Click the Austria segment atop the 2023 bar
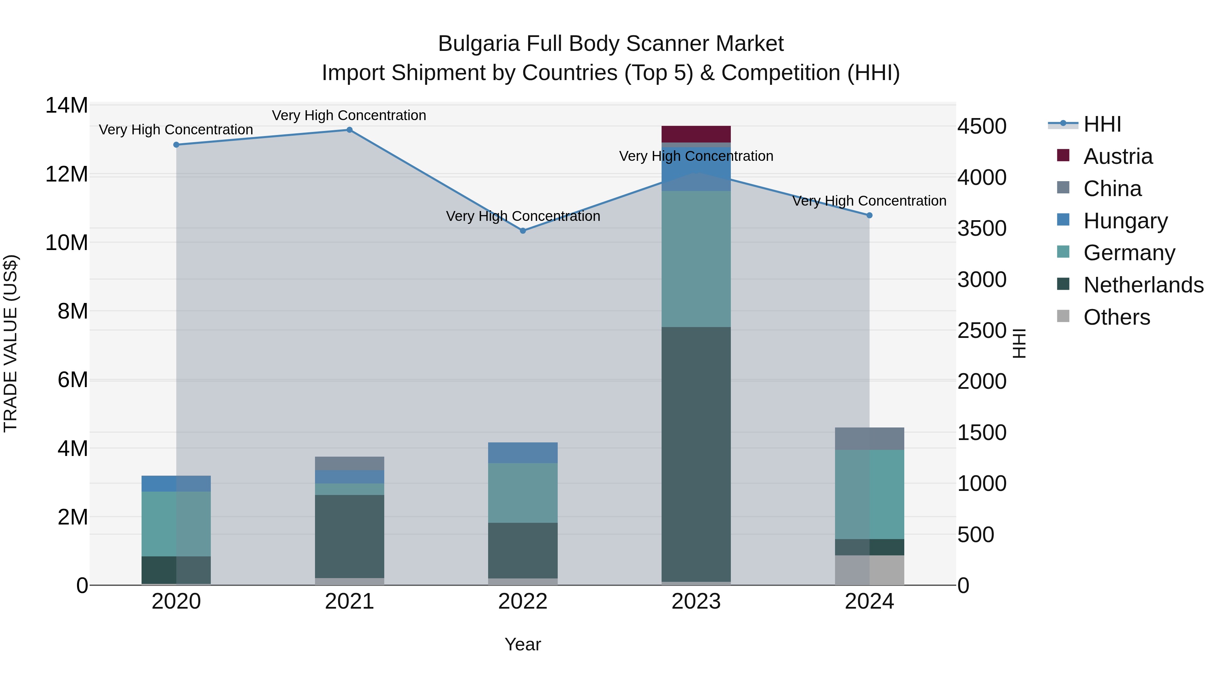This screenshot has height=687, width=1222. point(696,134)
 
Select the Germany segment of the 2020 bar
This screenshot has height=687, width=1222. point(176,523)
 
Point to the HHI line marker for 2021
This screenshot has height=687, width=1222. point(350,130)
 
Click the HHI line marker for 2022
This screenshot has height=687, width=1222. point(523,231)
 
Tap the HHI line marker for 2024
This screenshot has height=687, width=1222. point(870,215)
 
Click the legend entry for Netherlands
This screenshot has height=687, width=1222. point(1143,285)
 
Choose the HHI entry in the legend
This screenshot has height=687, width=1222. point(1102,124)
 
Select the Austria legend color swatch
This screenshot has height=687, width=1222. point(1063,155)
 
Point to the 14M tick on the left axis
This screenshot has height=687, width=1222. point(67,105)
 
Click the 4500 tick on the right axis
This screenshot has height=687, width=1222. point(981,127)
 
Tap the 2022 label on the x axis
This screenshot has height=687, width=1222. point(523,602)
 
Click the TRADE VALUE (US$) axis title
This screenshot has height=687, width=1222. point(11,343)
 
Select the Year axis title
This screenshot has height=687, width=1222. point(523,644)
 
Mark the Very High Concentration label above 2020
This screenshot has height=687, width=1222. point(176,130)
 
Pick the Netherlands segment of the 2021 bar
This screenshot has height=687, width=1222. point(350,536)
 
